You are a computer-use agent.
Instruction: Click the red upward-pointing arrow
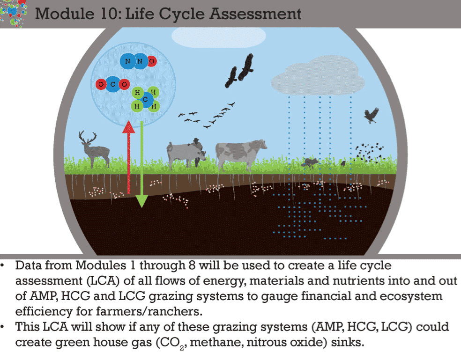[x=128, y=157]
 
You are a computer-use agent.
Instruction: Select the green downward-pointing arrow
[x=141, y=165]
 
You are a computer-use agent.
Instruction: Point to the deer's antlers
[x=87, y=137]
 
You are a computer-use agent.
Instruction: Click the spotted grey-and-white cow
[x=240, y=154]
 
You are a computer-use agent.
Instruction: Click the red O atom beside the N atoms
[x=152, y=61]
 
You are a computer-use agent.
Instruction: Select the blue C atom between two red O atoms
[x=112, y=84]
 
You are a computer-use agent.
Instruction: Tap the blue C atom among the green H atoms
[x=146, y=100]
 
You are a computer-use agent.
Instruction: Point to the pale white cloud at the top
[x=219, y=37]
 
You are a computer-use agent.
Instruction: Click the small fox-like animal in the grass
[x=310, y=162]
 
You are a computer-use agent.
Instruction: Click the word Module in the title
[x=65, y=14]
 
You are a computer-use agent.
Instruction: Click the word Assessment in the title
[x=255, y=14]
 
